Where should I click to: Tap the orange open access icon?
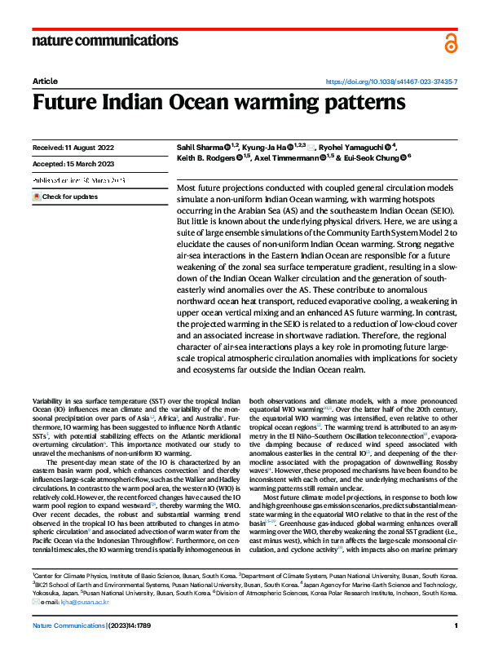[451, 43]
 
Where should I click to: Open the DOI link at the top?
[390, 82]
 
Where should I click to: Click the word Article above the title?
[44, 82]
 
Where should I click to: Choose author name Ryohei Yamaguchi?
[350, 147]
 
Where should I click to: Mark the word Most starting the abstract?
[187, 188]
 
